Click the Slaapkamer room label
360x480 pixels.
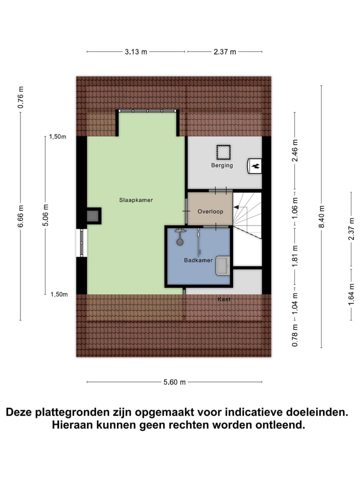pos(135,200)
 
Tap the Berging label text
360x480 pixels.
pos(221,165)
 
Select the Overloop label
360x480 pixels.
pos(210,211)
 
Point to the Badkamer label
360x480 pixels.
pos(198,260)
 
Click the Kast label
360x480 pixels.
pos(224,299)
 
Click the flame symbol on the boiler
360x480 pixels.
pos(255,166)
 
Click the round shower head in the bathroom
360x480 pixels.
pos(179,241)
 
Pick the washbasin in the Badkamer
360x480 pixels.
pos(222,265)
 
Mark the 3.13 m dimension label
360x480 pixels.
pos(136,51)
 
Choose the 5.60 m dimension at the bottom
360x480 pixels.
pos(173,382)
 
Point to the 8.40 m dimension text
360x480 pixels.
pos(321,216)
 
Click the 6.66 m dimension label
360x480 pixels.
pos(20,216)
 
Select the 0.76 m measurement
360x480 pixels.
pos(20,97)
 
